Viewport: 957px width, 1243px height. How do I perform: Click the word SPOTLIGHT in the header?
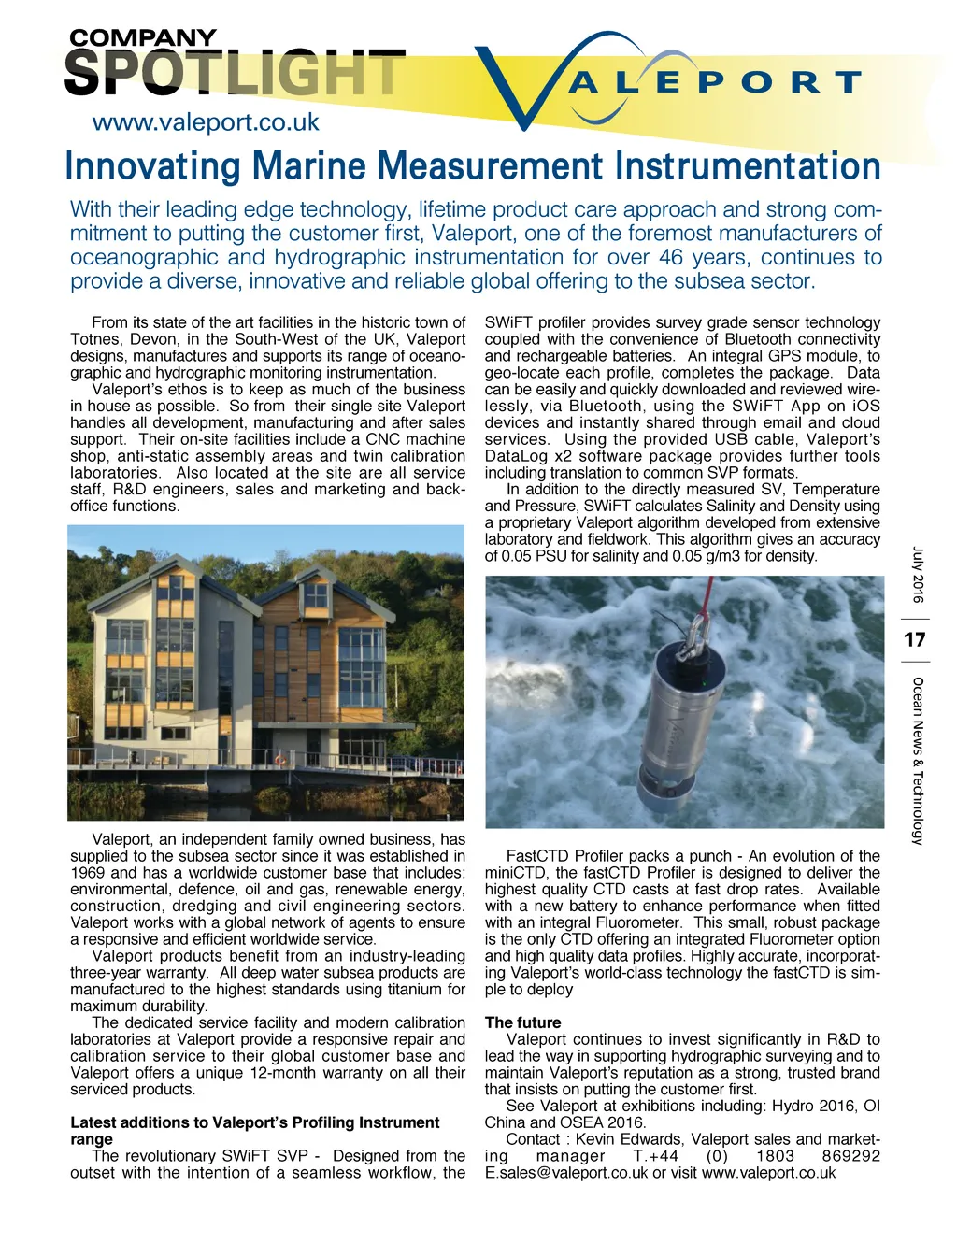point(234,74)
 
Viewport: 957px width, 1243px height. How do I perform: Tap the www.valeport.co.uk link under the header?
point(206,122)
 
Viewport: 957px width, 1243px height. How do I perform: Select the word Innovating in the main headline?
point(153,166)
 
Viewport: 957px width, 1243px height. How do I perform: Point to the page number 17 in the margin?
point(915,640)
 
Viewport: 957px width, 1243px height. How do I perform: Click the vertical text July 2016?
point(917,575)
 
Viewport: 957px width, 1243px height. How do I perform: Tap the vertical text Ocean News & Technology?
point(917,761)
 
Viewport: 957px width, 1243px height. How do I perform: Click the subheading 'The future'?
point(522,1022)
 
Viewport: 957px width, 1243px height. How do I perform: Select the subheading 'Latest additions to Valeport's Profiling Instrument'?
point(254,1122)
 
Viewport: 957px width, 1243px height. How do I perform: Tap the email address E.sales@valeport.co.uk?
point(565,1173)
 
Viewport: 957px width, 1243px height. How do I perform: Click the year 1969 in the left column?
point(89,873)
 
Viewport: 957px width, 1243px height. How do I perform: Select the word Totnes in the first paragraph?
point(94,339)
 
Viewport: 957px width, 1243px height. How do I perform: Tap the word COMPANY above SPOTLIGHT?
point(142,38)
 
